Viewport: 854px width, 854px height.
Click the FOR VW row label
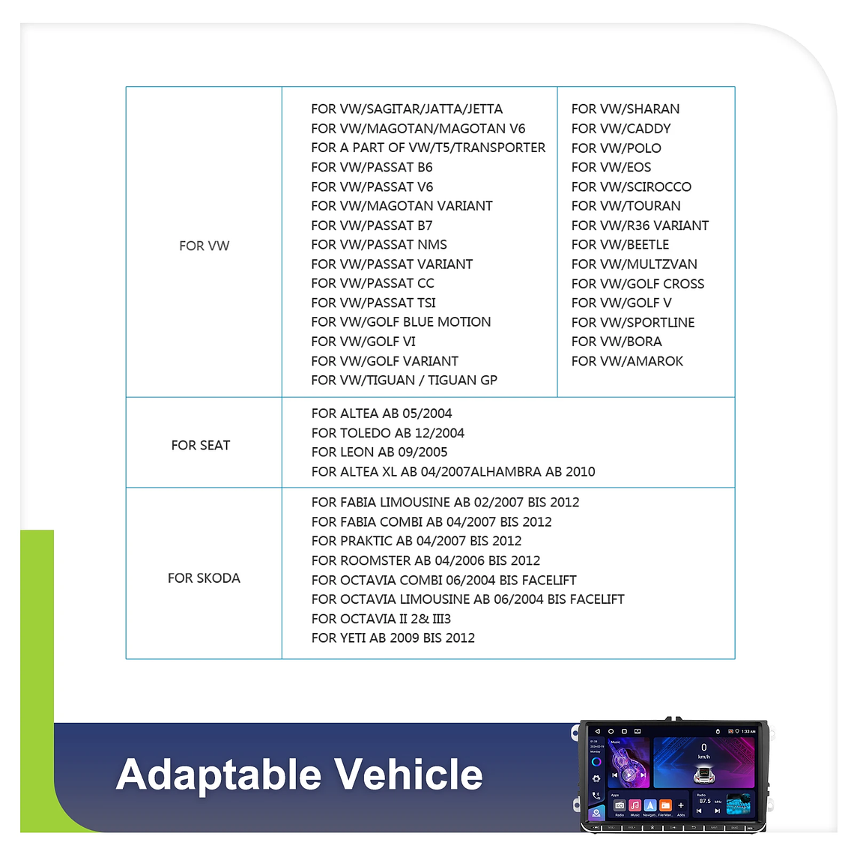click(204, 246)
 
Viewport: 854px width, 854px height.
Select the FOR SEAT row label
click(200, 445)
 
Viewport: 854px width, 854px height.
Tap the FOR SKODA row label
click(204, 578)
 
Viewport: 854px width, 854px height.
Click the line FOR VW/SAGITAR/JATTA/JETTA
click(407, 109)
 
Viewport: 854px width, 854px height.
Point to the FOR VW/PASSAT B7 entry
click(372, 225)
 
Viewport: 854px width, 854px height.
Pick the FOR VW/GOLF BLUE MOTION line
click(401, 322)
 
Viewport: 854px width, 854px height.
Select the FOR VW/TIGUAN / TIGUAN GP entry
click(404, 381)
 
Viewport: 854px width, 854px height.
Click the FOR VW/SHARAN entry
click(625, 109)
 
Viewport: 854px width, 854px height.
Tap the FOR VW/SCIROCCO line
click(631, 187)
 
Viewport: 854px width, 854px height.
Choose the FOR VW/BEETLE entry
click(620, 245)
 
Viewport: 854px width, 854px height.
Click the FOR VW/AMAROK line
click(627, 361)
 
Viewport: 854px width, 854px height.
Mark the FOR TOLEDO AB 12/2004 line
click(387, 433)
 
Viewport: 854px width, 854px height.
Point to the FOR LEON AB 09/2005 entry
click(379, 452)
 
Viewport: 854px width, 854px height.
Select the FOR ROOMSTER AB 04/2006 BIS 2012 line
click(426, 560)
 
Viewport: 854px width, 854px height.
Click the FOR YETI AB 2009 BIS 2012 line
click(393, 638)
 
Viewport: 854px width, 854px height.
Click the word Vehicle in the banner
click(408, 774)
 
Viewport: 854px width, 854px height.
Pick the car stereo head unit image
click(673, 776)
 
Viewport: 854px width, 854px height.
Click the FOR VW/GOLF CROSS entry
click(638, 284)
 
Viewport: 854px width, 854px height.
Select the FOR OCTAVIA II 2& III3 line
click(381, 619)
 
